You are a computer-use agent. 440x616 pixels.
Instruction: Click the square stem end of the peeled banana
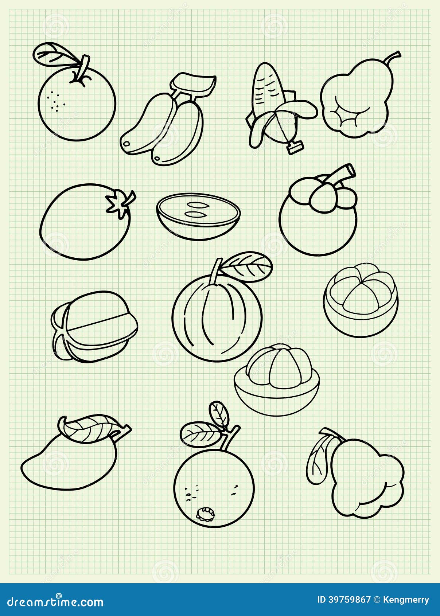click(295, 148)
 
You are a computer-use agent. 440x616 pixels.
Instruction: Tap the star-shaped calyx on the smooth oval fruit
click(119, 203)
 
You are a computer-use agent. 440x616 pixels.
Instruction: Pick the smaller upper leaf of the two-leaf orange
click(219, 413)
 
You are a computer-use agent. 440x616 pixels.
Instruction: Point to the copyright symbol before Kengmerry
click(377, 600)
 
